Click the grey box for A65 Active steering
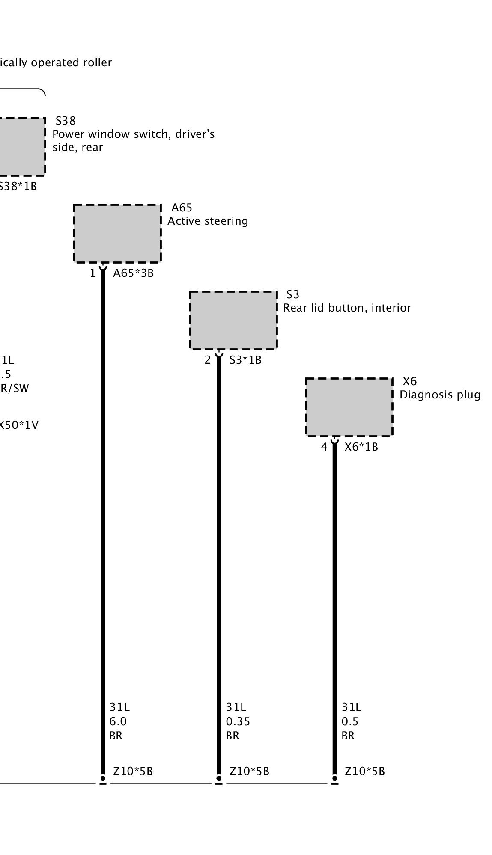(x=117, y=233)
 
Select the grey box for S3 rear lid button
(x=233, y=320)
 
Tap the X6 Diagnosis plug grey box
(x=349, y=407)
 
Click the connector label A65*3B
(x=133, y=273)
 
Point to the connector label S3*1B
(x=245, y=360)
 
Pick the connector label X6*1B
(x=361, y=447)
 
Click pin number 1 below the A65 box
(x=92, y=273)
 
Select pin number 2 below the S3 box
(x=208, y=360)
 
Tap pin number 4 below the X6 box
(x=324, y=447)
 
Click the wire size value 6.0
(x=118, y=721)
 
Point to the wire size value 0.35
(x=238, y=721)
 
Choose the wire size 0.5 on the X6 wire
(x=349, y=721)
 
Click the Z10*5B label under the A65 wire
(x=133, y=771)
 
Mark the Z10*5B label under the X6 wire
(x=364, y=771)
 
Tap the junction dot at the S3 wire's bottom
(x=219, y=778)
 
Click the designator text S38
(x=66, y=121)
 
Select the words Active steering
(x=208, y=221)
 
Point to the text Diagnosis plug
(x=440, y=395)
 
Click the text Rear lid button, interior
(x=347, y=308)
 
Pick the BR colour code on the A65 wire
(x=116, y=736)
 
